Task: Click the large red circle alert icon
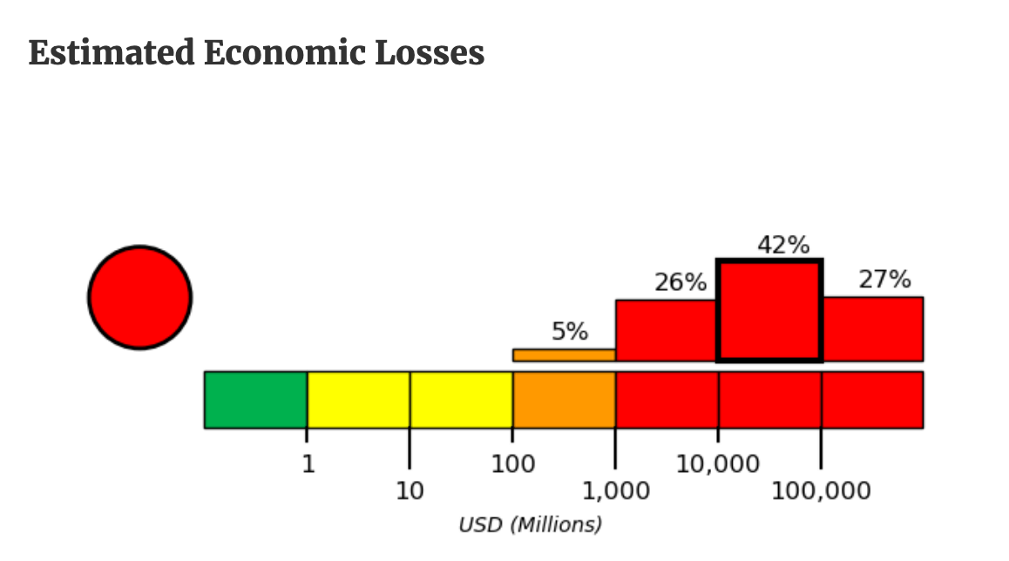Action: pyautogui.click(x=139, y=297)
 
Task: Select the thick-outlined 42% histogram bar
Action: pyautogui.click(x=769, y=311)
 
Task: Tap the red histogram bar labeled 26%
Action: pyautogui.click(x=667, y=330)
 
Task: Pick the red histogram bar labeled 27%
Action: pyautogui.click(x=872, y=328)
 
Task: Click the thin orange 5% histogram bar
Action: pyautogui.click(x=564, y=355)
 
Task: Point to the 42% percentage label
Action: pyautogui.click(x=782, y=246)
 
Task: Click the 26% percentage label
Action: pyautogui.click(x=680, y=282)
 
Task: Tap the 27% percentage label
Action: pyautogui.click(x=884, y=280)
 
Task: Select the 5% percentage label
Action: pyautogui.click(x=570, y=332)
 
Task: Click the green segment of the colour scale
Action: pyautogui.click(x=255, y=400)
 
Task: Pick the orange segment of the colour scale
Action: pyautogui.click(x=564, y=400)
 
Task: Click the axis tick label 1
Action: pyautogui.click(x=308, y=464)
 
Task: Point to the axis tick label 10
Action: pyautogui.click(x=410, y=491)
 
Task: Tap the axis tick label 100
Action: pyautogui.click(x=512, y=464)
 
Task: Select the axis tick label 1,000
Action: pyautogui.click(x=615, y=491)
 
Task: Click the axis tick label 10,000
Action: pyautogui.click(x=718, y=464)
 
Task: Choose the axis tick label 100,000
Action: pyautogui.click(x=821, y=491)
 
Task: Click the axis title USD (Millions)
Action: pyautogui.click(x=530, y=524)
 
